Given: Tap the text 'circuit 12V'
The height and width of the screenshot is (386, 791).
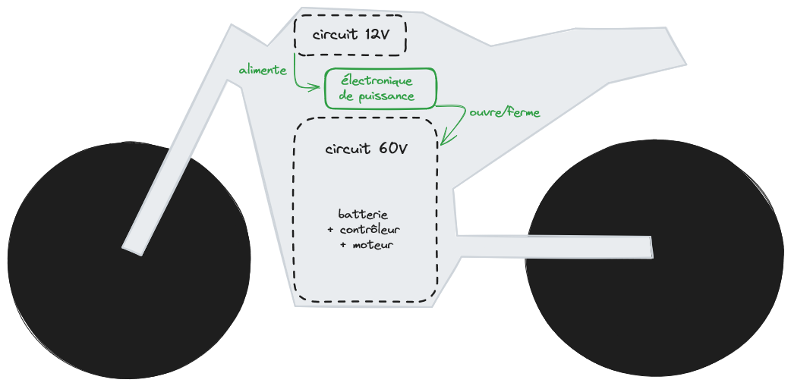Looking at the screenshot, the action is (350, 35).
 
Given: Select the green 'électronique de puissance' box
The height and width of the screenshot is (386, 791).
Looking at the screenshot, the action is (382, 89).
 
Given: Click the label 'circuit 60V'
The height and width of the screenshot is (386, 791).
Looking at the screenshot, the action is (366, 149).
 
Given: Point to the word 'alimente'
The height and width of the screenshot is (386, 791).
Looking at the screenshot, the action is (263, 71).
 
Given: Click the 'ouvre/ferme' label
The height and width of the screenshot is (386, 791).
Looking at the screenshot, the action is (505, 112).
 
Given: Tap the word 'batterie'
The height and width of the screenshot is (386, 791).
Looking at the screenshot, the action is (363, 215).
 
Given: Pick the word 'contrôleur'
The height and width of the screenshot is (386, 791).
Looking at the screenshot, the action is (369, 230).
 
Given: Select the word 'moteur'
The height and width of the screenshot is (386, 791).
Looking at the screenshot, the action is (373, 245).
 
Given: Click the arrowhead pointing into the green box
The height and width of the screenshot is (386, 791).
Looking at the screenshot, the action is (317, 88).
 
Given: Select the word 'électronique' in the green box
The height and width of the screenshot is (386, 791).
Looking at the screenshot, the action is (377, 80).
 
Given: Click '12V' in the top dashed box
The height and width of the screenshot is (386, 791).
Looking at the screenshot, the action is (377, 35).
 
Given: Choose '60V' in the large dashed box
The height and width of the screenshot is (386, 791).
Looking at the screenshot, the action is (392, 149).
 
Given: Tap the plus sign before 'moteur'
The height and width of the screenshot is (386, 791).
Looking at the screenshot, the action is (343, 245).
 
